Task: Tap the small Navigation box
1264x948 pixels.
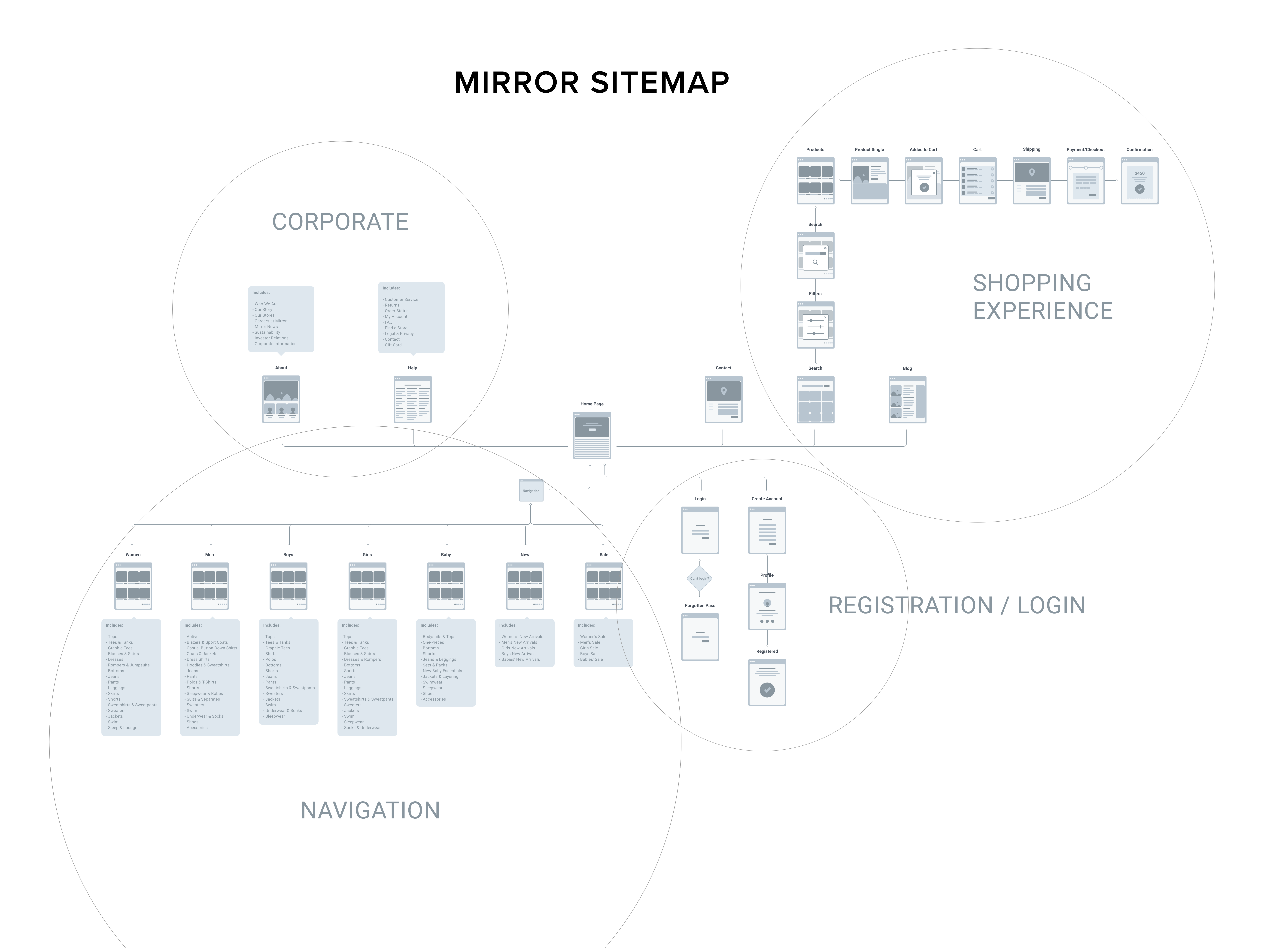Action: click(x=531, y=490)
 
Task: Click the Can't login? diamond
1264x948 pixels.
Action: click(x=699, y=578)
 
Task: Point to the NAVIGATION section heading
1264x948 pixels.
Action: click(x=370, y=810)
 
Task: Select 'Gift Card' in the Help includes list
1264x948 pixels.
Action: click(x=393, y=345)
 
